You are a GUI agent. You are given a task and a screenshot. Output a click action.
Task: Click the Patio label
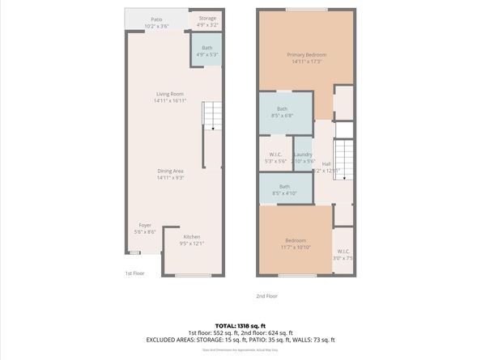[156, 22]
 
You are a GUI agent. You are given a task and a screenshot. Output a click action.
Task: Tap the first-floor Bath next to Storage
[207, 51]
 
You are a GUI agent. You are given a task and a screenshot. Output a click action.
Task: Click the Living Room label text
[171, 97]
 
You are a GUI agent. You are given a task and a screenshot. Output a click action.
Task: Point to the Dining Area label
[171, 174]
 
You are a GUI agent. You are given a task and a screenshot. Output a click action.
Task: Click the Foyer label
[145, 228]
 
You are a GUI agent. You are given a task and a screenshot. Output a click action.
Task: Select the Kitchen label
[191, 239]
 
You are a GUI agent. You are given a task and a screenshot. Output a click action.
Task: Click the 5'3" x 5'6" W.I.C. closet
[275, 158]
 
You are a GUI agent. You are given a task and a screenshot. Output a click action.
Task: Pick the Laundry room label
[303, 158]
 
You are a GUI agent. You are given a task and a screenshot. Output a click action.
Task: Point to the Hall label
[326, 167]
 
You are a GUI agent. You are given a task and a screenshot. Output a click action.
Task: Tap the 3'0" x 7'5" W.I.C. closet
[343, 254]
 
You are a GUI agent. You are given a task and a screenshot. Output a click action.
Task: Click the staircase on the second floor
[345, 159]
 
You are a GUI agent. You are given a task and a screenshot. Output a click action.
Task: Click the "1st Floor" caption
[134, 273]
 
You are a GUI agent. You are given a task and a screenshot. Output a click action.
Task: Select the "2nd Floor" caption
[267, 296]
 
